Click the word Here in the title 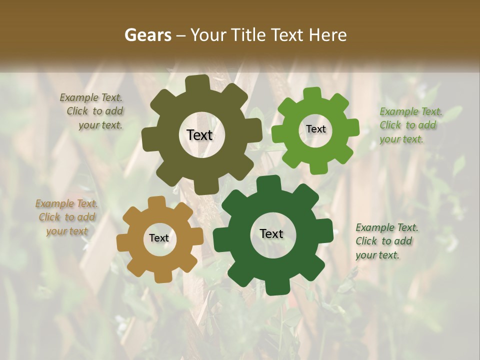(328, 35)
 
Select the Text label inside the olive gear (199, 135)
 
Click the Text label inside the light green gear (315, 129)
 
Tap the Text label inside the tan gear (159, 238)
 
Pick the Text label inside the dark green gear (271, 233)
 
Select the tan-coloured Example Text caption (66, 217)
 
